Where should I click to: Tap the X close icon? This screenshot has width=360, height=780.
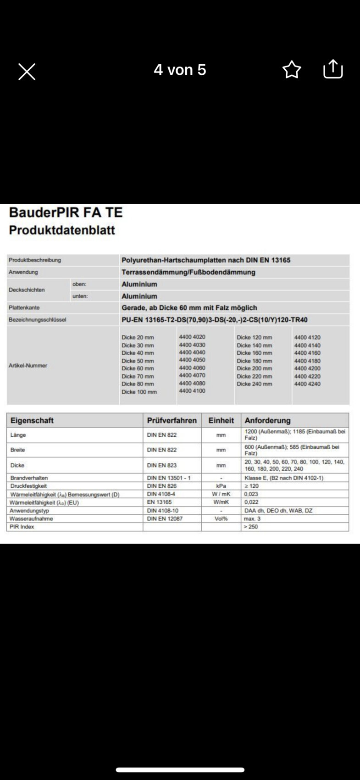tap(27, 72)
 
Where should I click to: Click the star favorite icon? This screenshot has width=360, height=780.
tap(292, 70)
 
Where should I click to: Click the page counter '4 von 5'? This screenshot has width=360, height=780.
tap(180, 70)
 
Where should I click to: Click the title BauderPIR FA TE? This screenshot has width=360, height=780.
tap(66, 212)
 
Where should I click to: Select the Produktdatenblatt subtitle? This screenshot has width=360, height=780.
tap(62, 230)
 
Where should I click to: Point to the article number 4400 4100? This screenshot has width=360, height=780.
tap(192, 391)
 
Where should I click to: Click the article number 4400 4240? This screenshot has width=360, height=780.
tap(307, 384)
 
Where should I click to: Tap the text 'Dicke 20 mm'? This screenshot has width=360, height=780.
tap(138, 337)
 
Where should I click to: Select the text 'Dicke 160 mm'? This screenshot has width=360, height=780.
tap(254, 353)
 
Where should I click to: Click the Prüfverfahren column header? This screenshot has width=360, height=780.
tap(172, 420)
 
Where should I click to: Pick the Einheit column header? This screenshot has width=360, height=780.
tap(221, 420)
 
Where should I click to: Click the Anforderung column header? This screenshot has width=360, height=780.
tap(267, 420)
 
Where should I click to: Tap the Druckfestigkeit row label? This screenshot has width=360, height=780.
tap(28, 486)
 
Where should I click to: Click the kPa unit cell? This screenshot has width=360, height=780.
tap(221, 486)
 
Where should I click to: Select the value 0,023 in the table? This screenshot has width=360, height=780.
tap(251, 494)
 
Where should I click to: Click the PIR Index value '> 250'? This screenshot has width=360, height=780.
tap(251, 527)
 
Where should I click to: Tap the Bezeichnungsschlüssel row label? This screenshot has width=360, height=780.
tap(37, 319)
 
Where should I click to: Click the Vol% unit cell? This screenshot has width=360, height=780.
tap(221, 518)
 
